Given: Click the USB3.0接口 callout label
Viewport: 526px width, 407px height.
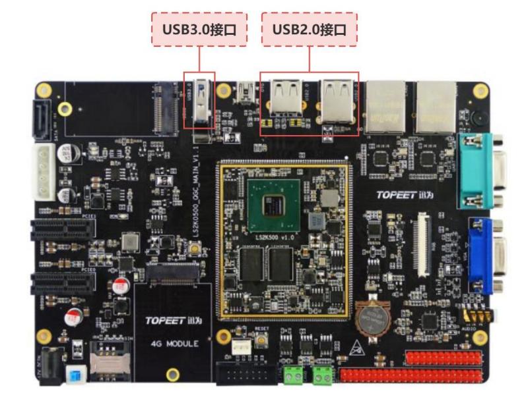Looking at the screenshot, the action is coord(199,29).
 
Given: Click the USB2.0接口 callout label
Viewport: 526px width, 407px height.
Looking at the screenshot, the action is coord(310,29).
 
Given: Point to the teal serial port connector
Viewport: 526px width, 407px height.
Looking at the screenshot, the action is coord(480,169).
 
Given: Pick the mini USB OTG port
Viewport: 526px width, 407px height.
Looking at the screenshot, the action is coord(248,90).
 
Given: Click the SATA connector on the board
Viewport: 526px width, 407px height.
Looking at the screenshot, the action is coord(39,121).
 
